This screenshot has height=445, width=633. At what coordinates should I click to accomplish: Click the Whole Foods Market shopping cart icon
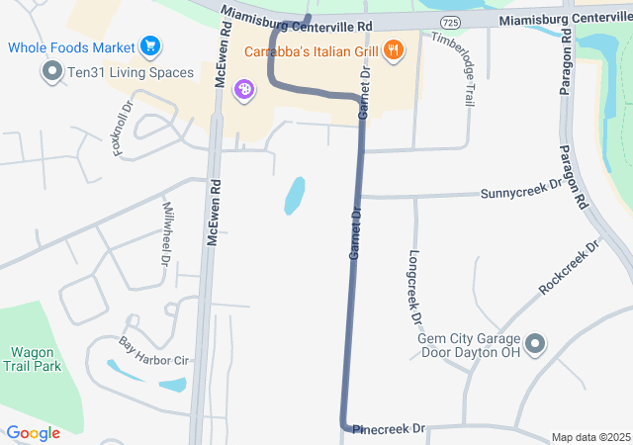click(150, 45)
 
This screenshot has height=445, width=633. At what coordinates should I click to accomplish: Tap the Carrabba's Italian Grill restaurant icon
click(394, 48)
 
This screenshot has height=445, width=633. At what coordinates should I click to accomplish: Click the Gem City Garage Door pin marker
click(535, 344)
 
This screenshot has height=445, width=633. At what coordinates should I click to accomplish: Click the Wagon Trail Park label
click(36, 359)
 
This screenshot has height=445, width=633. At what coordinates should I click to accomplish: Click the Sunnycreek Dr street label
click(521, 189)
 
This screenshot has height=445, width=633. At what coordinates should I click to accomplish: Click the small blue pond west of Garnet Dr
click(295, 195)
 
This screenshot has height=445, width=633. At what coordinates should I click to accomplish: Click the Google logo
click(34, 432)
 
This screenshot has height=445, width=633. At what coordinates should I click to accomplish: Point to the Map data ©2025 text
click(590, 437)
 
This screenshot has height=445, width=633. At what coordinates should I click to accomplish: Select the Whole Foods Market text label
click(71, 46)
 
